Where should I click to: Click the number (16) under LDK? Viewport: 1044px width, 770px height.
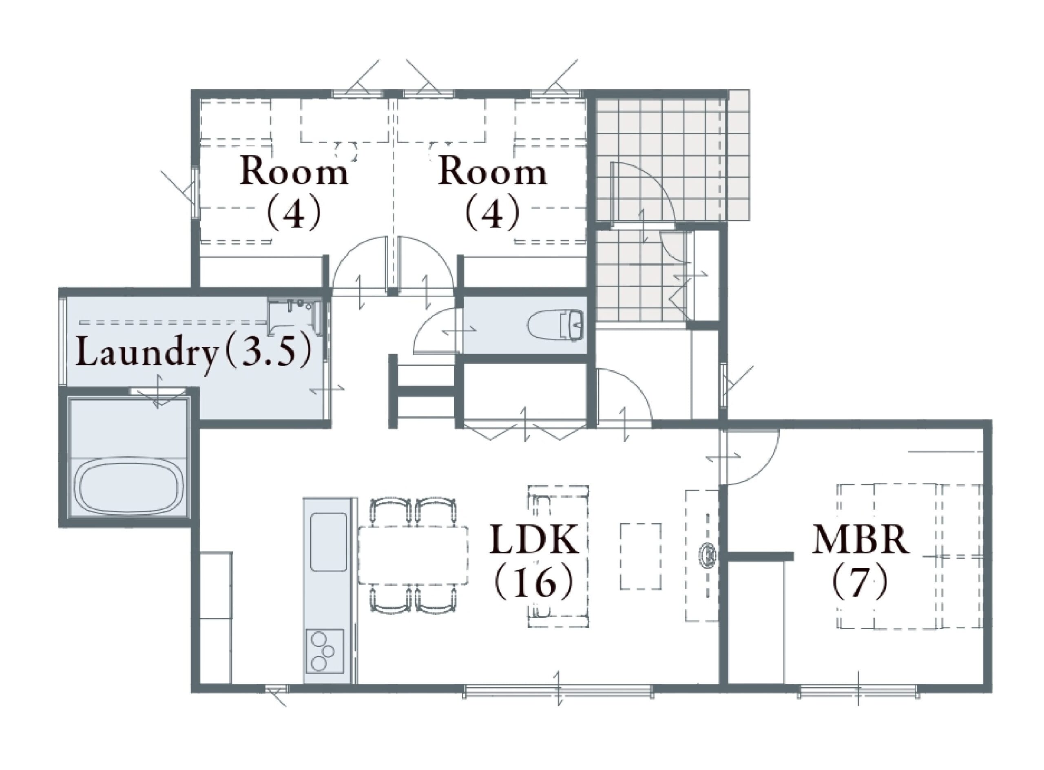(x=534, y=581)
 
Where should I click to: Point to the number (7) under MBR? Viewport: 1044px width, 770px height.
(x=860, y=581)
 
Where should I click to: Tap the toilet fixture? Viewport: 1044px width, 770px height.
(x=555, y=324)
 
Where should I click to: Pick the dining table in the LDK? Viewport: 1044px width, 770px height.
(x=413, y=555)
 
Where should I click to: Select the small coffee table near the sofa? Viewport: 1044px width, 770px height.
(x=640, y=557)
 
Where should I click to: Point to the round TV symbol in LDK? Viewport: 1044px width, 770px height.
(x=708, y=555)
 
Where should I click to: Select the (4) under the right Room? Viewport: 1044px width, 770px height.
(x=493, y=212)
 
